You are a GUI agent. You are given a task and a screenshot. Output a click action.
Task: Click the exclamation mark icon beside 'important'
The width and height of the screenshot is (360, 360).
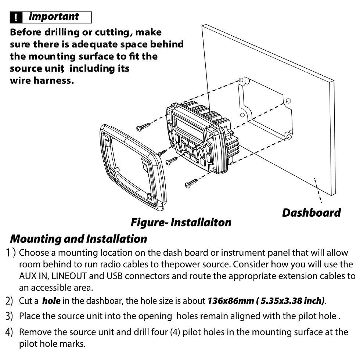[x=16, y=18]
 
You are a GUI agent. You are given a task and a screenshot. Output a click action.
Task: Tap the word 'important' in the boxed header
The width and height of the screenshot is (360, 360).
[x=54, y=17]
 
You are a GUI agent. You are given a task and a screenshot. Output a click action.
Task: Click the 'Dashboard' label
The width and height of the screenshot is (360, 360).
[x=312, y=213]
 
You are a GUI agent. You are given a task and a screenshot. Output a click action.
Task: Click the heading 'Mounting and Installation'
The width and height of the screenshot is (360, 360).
[x=79, y=239]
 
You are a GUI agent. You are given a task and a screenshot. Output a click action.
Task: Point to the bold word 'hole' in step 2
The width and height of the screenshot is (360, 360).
[x=51, y=301]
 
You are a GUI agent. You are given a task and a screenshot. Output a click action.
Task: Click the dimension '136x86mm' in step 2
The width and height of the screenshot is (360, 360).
[x=231, y=301]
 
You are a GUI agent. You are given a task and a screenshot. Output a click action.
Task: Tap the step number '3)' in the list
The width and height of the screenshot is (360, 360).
[x=9, y=316]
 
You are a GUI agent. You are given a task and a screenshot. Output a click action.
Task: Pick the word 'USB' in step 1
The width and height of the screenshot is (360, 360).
[x=114, y=276]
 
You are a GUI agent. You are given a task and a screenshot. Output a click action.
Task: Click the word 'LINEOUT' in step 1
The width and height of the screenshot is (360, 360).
[x=69, y=276]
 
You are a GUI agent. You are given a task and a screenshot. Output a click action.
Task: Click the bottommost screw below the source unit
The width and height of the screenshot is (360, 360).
[x=191, y=183]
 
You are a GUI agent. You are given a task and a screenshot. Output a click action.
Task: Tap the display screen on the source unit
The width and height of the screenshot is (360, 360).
[x=189, y=129]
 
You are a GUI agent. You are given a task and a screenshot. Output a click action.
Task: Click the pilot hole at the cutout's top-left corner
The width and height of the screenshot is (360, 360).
[x=241, y=80]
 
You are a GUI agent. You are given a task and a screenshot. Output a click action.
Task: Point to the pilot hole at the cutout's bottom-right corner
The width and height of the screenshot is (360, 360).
[x=288, y=137]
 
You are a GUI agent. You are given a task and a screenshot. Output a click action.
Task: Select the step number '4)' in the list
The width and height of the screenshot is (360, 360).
[x=9, y=332]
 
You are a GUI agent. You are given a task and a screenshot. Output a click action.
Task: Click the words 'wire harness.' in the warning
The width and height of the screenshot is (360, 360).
[x=42, y=80]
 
